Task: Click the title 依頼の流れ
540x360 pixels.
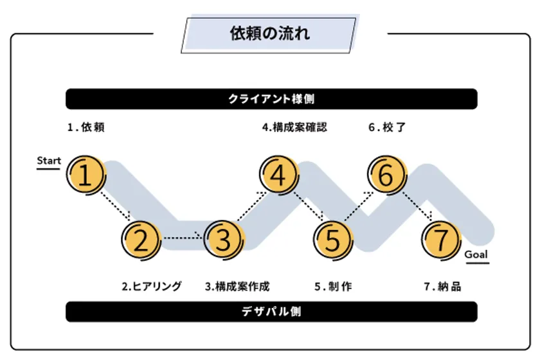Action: coord(270,34)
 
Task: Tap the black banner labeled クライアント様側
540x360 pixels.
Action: coord(271,99)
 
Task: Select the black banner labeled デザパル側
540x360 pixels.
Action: coord(271,312)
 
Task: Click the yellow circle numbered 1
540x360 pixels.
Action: coord(86,175)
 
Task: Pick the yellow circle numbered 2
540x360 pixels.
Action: coord(141,240)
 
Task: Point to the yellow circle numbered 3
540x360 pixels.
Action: coord(224,240)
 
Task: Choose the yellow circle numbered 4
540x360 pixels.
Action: coord(279,175)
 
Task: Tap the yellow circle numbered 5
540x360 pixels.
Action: coord(334,240)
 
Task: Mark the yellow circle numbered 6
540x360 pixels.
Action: coord(387,175)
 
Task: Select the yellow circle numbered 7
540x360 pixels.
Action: coord(442,240)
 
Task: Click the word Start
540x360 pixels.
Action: coord(49,161)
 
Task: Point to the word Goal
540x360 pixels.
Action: coord(476,255)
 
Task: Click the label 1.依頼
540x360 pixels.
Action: coord(85,127)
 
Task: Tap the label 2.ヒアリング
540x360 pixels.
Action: coord(152,286)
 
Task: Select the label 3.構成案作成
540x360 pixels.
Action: coord(237,286)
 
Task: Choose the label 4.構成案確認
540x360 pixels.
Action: coord(294,127)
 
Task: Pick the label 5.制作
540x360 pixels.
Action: coord(333,286)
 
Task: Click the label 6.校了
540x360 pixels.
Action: coord(387,127)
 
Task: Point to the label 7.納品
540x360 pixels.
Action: coord(442,286)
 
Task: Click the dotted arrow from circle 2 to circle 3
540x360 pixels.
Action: coord(183,237)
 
